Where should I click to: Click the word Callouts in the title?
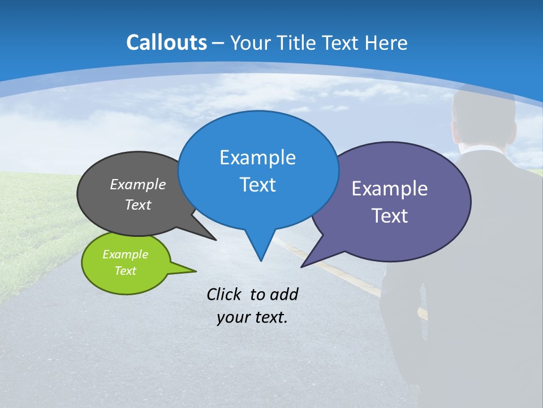pyautogui.click(x=166, y=42)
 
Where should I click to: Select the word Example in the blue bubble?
pyautogui.click(x=257, y=158)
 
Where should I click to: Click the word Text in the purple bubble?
pyautogui.click(x=390, y=216)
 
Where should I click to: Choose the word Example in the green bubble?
pyautogui.click(x=125, y=254)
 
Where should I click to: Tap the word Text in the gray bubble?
pyautogui.click(x=138, y=205)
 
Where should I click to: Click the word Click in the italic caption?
pyautogui.click(x=225, y=294)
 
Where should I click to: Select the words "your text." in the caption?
pyautogui.click(x=252, y=317)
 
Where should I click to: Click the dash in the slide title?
pyautogui.click(x=219, y=44)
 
